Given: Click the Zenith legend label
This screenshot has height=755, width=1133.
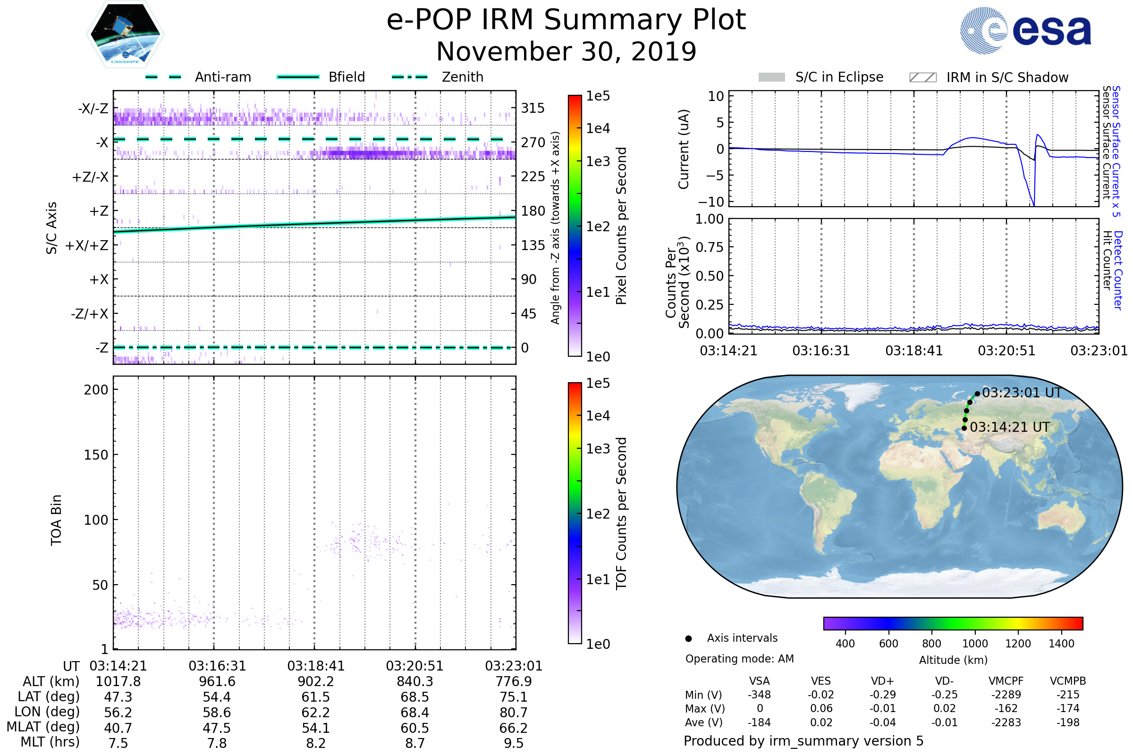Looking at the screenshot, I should click(x=463, y=77).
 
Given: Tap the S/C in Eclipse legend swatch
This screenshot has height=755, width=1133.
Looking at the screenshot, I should click(x=772, y=77).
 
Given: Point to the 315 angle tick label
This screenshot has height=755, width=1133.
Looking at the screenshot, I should click(x=533, y=108).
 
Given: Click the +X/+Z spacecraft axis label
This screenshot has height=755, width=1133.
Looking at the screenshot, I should click(x=87, y=245).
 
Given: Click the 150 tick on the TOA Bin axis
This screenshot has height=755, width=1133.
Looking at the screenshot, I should click(x=96, y=455).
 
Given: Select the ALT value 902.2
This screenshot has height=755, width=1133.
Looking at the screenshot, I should click(x=315, y=681).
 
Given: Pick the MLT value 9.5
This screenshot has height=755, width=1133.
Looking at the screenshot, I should click(x=514, y=743).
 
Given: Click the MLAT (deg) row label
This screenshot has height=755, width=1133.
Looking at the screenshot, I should click(x=43, y=727).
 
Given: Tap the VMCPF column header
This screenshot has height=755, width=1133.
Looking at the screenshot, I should click(x=1006, y=681).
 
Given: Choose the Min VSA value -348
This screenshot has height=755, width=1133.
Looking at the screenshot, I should click(x=759, y=695).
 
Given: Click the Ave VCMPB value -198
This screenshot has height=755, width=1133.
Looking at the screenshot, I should click(x=1067, y=722).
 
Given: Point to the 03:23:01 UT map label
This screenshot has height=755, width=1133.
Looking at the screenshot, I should click(x=1022, y=393).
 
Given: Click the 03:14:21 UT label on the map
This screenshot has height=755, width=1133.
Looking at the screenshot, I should click(x=1010, y=427).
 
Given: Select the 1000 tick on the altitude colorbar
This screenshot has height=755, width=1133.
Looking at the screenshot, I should click(x=975, y=644).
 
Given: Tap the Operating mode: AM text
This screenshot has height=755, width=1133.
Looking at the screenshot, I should click(x=739, y=659).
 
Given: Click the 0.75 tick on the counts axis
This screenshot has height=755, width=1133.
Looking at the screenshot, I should click(x=710, y=247).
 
